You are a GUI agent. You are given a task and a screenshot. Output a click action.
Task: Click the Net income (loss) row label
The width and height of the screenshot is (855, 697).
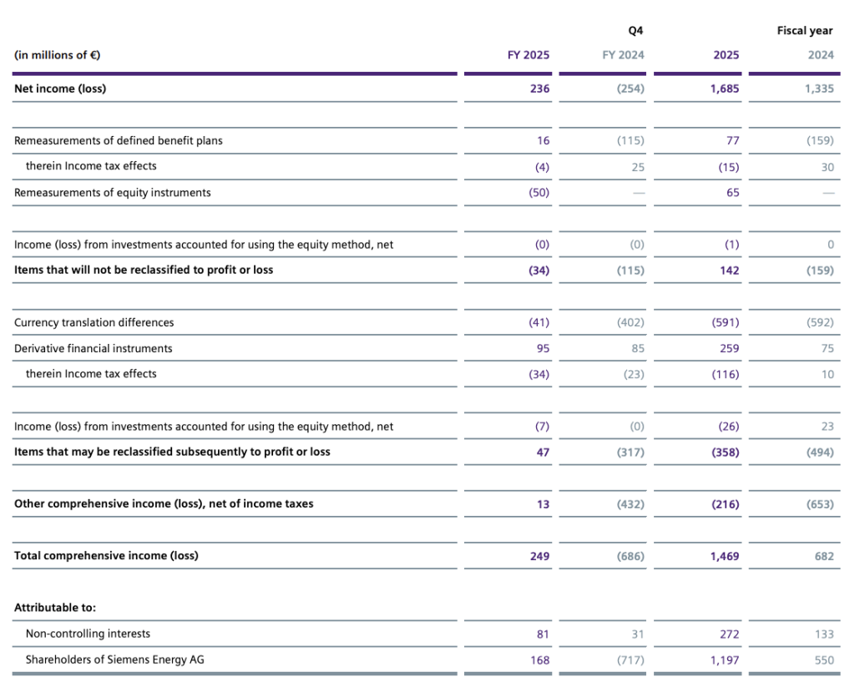[60, 88]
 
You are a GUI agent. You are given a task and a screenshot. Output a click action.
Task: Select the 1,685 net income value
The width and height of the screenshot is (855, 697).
[724, 88]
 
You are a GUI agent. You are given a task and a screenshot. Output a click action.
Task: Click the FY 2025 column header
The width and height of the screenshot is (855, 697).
[529, 55]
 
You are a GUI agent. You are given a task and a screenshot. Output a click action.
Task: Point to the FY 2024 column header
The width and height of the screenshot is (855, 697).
[623, 55]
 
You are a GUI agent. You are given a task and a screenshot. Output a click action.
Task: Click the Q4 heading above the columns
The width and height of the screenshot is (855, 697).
[636, 31]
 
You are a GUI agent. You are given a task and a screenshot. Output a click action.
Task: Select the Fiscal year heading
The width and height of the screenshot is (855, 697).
[805, 31]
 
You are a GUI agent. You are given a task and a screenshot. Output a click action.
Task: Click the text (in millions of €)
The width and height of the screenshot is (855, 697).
[58, 55]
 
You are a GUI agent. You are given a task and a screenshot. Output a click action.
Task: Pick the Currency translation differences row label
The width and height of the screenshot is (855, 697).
[94, 322]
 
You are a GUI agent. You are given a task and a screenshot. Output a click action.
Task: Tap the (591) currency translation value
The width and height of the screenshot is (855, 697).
[724, 322]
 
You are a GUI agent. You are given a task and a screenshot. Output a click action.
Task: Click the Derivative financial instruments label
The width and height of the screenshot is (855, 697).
[94, 348]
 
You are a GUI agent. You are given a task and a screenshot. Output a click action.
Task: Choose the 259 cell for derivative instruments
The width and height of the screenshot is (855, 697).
[729, 348]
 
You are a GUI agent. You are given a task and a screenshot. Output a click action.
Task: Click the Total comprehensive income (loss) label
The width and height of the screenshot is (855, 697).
[106, 555]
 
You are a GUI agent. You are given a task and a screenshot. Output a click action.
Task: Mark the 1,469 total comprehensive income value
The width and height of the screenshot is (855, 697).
[724, 556]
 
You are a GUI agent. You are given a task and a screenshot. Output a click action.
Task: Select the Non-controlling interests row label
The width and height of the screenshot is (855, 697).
[88, 634]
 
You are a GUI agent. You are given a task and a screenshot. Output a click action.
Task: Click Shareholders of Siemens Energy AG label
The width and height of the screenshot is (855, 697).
[114, 659]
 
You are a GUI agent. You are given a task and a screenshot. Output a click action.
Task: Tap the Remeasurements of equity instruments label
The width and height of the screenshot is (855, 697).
[113, 193]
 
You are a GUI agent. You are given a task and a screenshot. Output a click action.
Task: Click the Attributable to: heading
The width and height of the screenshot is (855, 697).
[55, 608]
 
